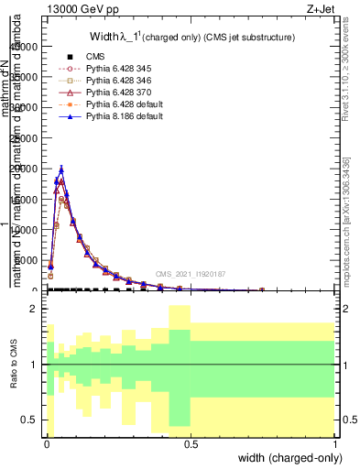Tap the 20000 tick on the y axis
(26, 169)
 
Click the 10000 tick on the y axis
(26, 230)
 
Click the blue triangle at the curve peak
(61, 169)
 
